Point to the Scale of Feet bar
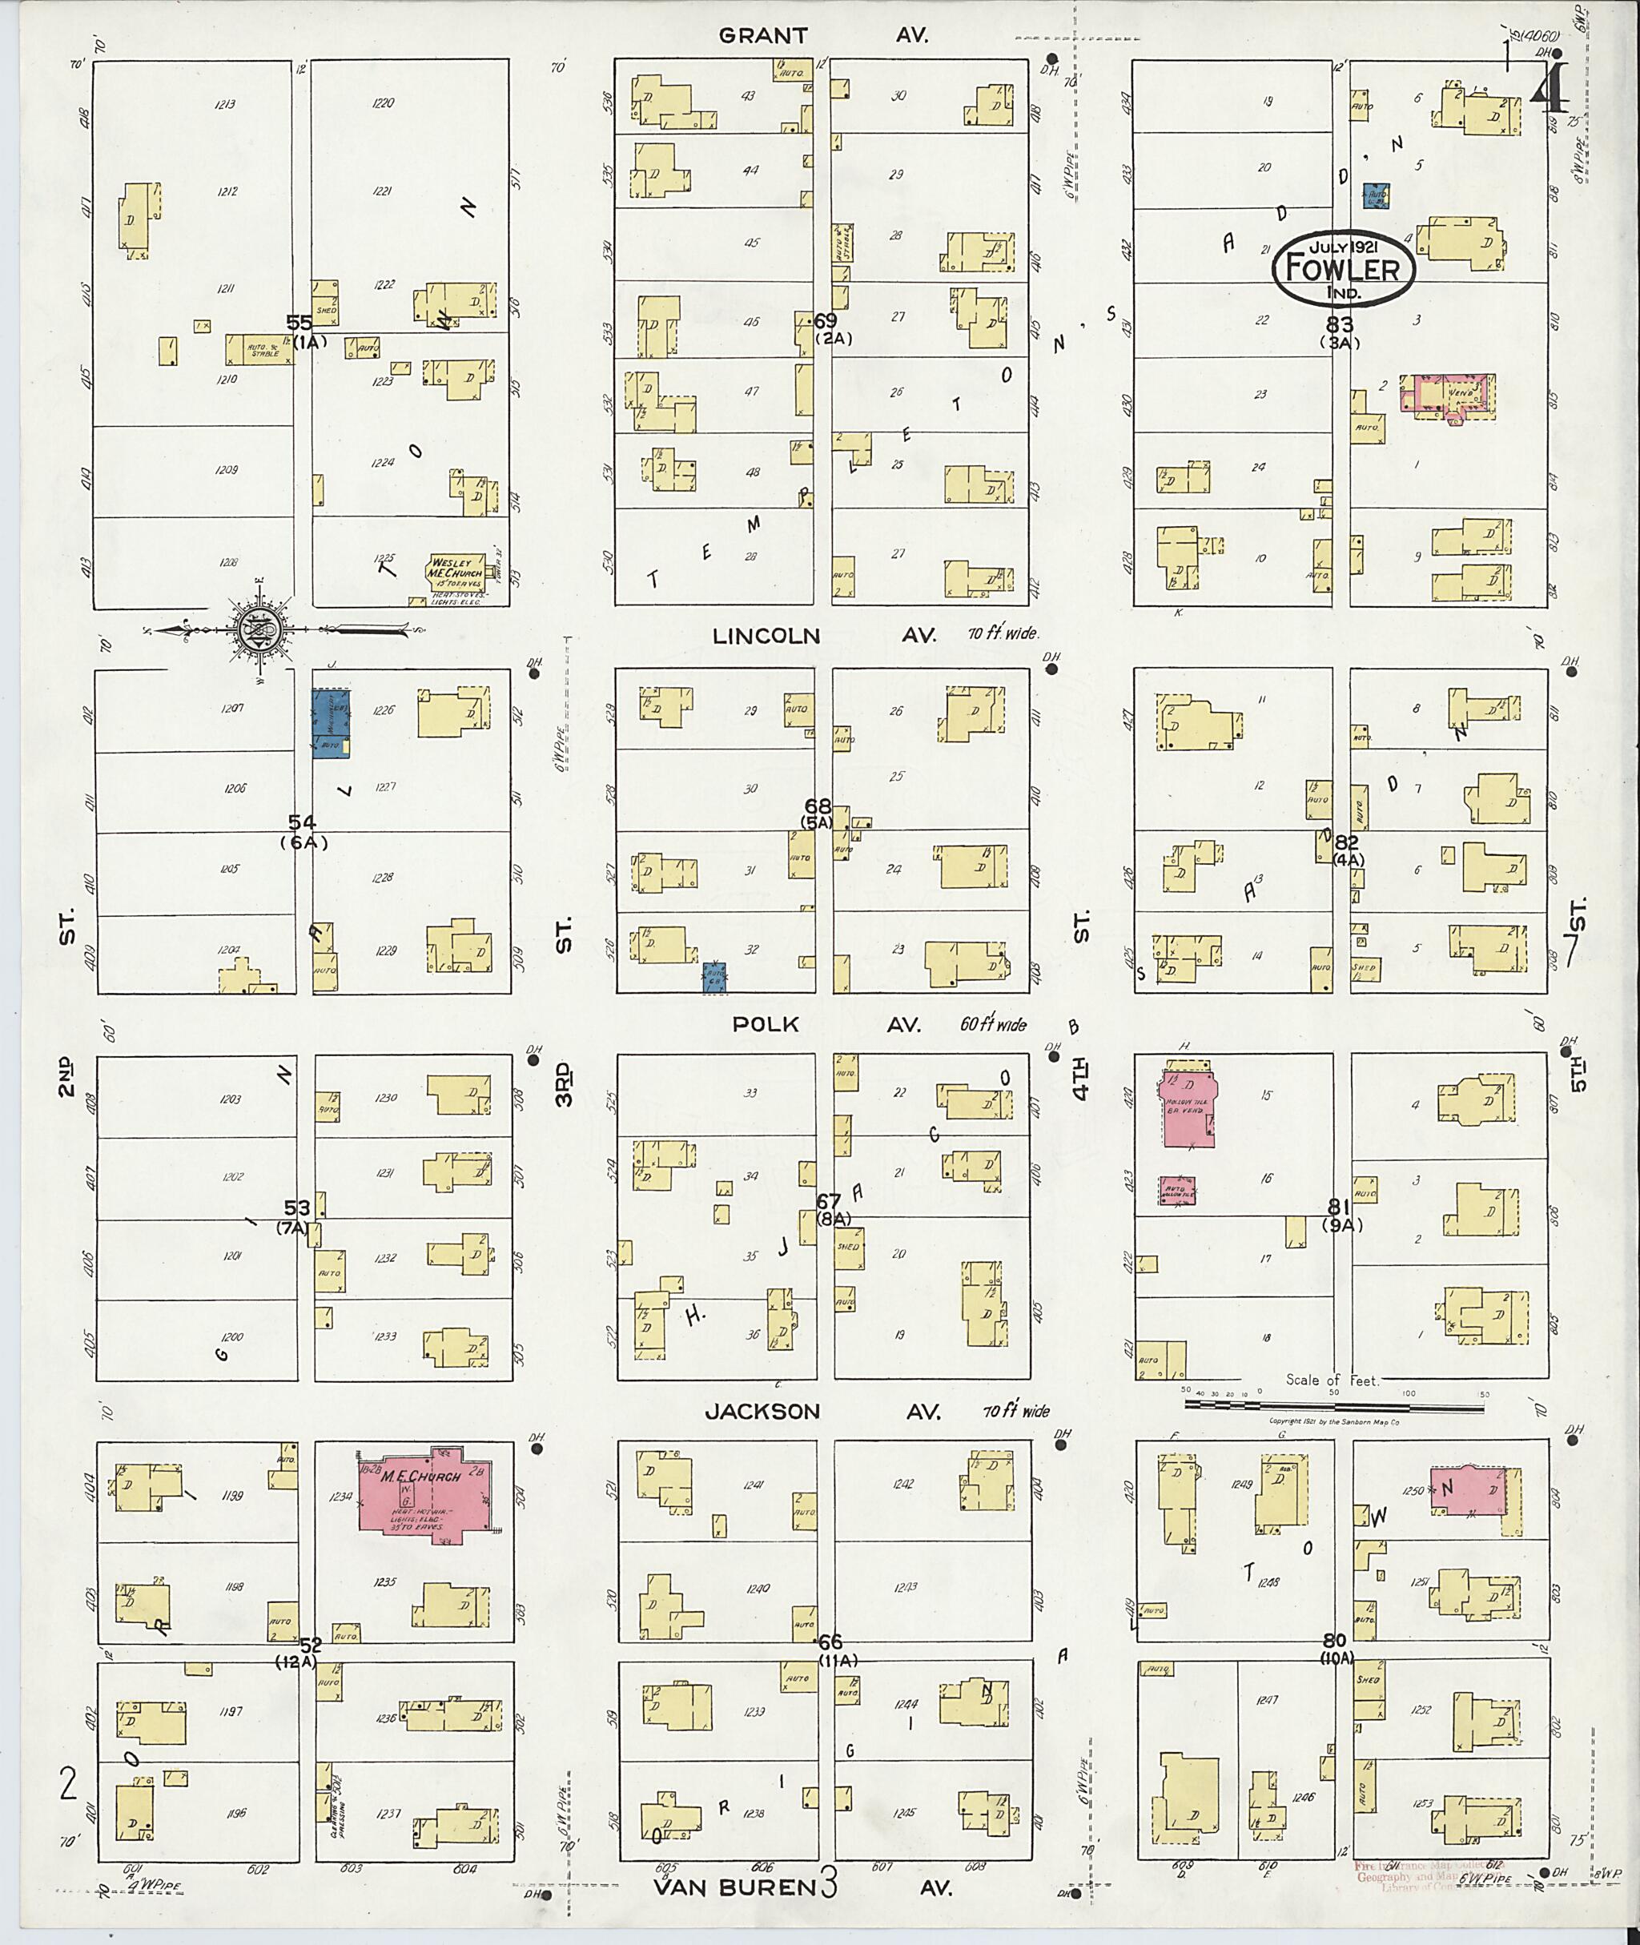(1333, 1404)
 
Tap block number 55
(299, 323)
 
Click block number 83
(1340, 324)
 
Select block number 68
(818, 806)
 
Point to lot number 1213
(224, 104)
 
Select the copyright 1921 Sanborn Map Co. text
(1334, 1421)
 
